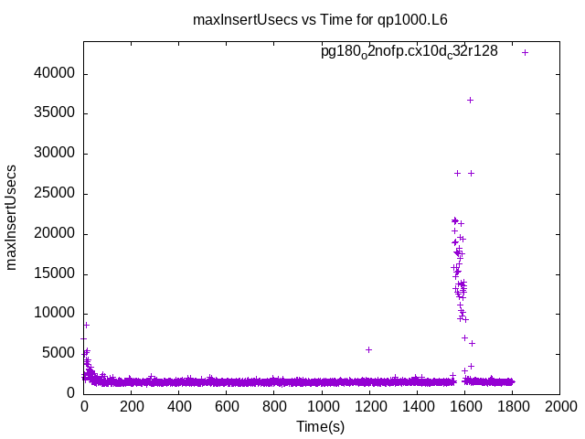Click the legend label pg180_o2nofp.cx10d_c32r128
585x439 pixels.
409,52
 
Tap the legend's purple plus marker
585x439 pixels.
525,52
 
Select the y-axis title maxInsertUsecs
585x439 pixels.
12,217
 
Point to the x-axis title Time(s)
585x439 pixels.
320,426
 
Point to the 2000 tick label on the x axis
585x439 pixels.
559,407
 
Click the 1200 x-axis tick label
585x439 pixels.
369,407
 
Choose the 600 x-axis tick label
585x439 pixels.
227,407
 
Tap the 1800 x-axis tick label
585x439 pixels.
512,407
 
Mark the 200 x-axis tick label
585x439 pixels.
132,407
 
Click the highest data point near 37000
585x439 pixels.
470,100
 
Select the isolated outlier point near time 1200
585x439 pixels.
368,349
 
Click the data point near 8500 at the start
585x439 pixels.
86,325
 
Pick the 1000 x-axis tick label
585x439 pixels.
322,407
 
